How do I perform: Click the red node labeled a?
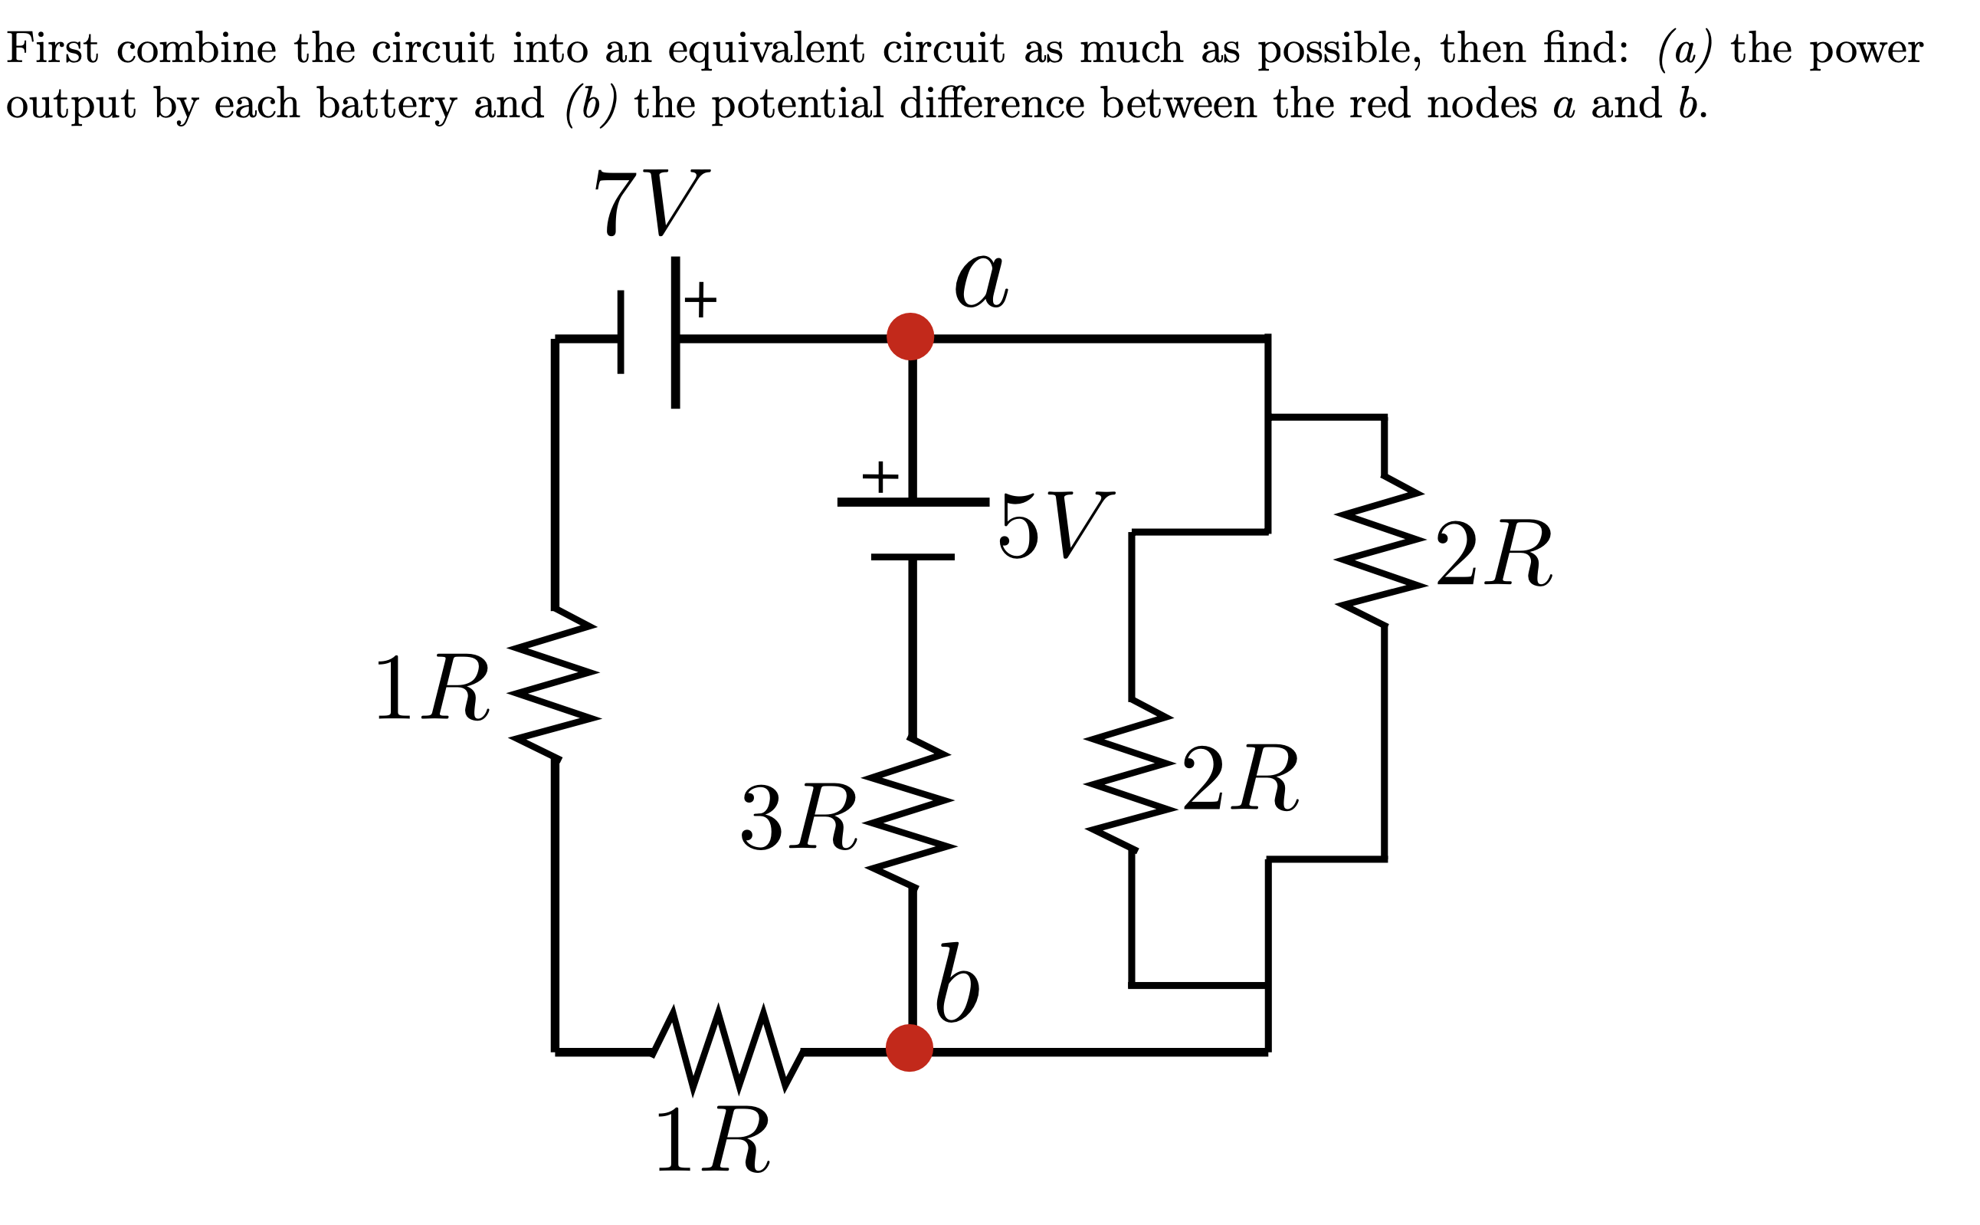(x=910, y=337)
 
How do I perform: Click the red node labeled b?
(x=909, y=1048)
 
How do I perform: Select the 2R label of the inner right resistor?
(x=1240, y=778)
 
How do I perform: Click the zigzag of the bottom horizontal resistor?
(x=727, y=1049)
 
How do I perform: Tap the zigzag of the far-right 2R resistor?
(x=1382, y=550)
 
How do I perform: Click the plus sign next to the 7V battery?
(x=700, y=299)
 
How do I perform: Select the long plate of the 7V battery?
(x=674, y=332)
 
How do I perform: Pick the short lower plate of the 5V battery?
(x=912, y=557)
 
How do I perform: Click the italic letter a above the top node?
(x=981, y=281)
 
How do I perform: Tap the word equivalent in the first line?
(x=765, y=48)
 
